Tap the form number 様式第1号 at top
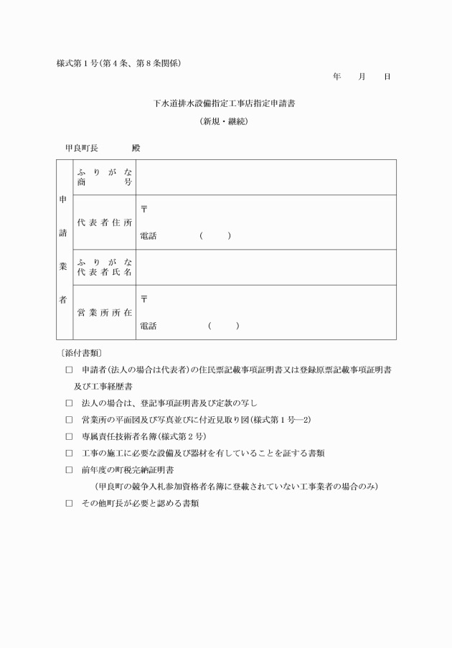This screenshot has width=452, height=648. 77,63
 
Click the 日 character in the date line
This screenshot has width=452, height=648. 387,76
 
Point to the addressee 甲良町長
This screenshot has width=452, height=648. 82,148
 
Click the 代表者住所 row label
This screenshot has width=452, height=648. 104,222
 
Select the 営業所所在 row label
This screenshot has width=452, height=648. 104,312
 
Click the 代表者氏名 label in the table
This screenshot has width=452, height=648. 104,273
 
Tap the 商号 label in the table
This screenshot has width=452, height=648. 104,182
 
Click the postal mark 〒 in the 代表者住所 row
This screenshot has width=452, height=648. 144,209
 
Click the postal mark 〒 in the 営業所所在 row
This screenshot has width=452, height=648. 144,299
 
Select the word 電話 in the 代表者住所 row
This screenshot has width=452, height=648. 149,236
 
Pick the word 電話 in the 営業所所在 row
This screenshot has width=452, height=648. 149,326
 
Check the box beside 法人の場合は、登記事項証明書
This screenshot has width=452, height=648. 69,403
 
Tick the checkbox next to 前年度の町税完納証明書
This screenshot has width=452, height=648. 69,469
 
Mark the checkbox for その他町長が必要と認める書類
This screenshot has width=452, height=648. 69,503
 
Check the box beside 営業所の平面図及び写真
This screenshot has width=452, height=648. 69,419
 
